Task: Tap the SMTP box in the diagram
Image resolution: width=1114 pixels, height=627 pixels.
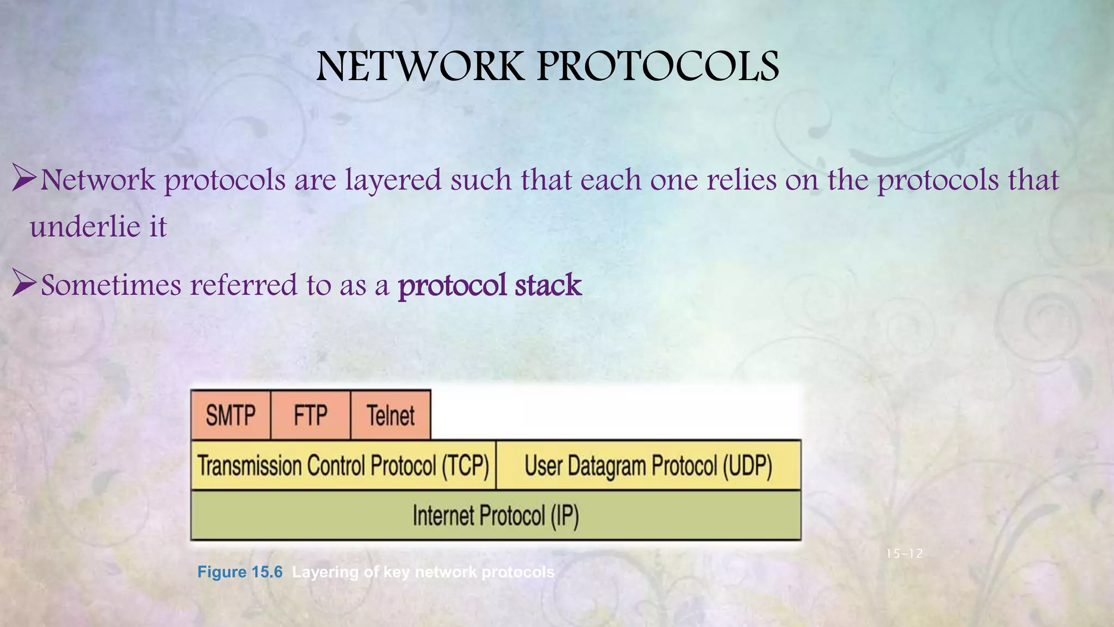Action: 231,415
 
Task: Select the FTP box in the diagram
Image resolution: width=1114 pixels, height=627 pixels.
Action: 311,415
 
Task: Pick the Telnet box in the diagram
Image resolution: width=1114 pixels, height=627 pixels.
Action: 391,415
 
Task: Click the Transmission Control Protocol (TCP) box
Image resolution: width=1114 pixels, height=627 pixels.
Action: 343,466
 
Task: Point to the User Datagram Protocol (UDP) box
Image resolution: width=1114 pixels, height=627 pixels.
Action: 648,466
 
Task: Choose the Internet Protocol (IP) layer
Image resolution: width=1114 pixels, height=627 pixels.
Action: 496,515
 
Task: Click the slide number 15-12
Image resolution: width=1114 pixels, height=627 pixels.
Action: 904,554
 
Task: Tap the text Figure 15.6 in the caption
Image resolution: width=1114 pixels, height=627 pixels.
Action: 240,572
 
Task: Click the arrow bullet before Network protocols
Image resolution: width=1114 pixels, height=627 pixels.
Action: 24,179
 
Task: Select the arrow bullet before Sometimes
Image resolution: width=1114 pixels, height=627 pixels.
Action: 24,285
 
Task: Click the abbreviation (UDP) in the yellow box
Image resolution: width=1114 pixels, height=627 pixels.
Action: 747,466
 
